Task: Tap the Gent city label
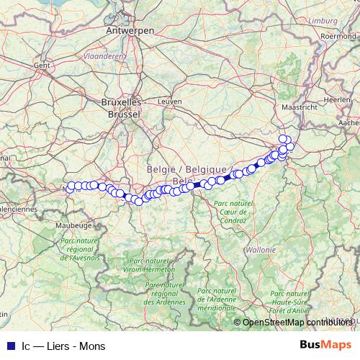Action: pos(41,65)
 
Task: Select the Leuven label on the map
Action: pos(174,102)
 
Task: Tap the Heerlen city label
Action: pos(337,99)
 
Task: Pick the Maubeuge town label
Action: pos(54,225)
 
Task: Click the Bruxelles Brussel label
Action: pos(122,107)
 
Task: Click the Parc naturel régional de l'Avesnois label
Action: pos(80,249)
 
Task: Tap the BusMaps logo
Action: pos(326,346)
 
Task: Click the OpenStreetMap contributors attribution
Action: pos(296,323)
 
